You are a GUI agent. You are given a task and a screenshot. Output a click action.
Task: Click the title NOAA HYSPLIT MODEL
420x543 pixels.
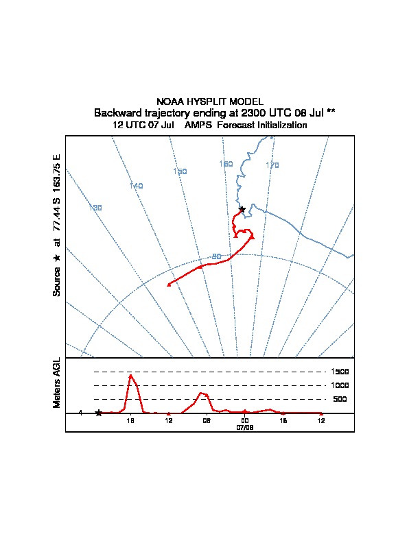[x=209, y=101]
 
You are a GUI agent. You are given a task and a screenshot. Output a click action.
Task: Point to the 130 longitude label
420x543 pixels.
[x=95, y=208]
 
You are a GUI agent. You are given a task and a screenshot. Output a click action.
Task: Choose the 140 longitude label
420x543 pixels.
[x=136, y=186]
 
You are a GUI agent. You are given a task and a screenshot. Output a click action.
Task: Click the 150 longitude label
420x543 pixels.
[x=180, y=171]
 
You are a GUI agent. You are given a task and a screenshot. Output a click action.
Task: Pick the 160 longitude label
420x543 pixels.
[x=226, y=164]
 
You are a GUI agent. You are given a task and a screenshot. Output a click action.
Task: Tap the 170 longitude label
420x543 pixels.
[x=272, y=165]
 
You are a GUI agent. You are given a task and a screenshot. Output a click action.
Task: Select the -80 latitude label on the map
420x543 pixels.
[x=215, y=256]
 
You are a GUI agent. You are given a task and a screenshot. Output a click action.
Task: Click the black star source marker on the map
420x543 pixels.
[x=242, y=209]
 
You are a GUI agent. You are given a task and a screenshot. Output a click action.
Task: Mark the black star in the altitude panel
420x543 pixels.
[x=99, y=413]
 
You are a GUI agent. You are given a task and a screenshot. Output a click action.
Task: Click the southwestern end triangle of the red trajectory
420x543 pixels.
[x=169, y=284]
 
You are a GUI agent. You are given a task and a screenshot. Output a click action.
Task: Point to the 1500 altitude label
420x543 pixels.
[x=341, y=372]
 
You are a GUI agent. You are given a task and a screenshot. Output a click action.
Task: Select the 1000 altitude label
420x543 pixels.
[x=341, y=385]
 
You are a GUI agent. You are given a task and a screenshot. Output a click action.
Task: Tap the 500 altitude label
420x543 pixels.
[x=340, y=399]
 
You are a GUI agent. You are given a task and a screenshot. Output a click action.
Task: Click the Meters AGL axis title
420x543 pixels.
[x=57, y=383]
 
